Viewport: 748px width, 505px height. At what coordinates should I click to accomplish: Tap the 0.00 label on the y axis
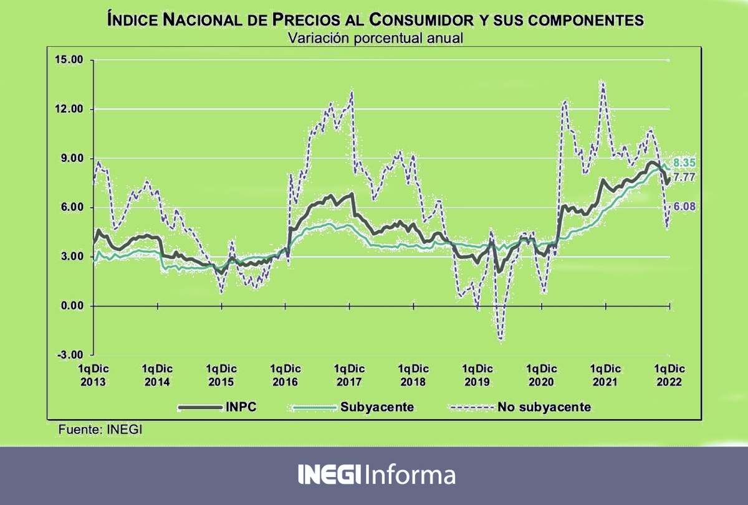tap(71, 306)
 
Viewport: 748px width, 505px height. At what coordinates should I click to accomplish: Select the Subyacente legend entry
tap(352, 408)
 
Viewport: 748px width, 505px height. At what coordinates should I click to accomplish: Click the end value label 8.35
tap(684, 163)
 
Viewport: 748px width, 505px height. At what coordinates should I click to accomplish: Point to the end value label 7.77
tap(684, 177)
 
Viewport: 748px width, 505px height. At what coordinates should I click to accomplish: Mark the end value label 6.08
tap(684, 206)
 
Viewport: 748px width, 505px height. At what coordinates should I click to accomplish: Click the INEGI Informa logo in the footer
tap(376, 475)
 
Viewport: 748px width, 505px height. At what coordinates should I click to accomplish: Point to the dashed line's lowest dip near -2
tap(501, 339)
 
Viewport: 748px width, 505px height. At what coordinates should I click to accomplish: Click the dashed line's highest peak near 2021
tap(602, 81)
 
